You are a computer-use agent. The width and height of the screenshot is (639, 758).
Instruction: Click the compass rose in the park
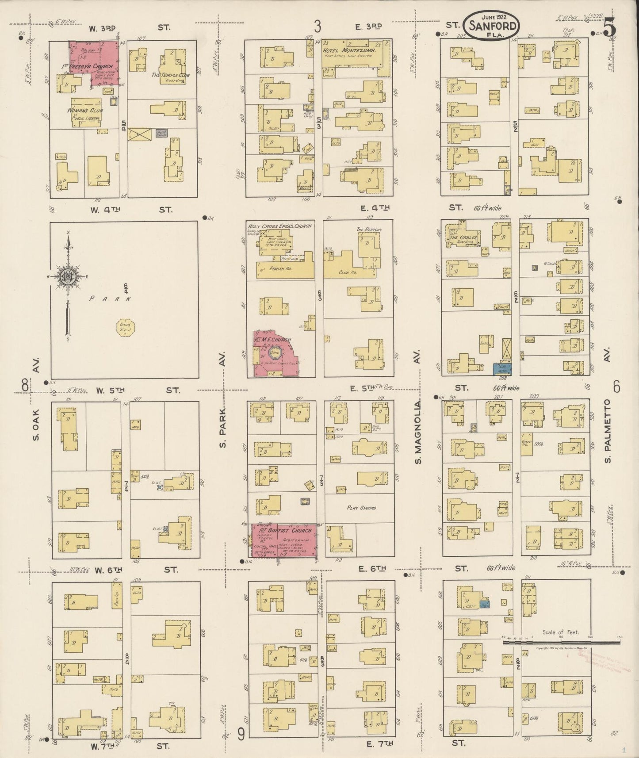[69, 277]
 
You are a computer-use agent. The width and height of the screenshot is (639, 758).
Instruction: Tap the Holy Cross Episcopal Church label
[279, 226]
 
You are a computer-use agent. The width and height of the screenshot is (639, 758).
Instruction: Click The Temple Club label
[170, 75]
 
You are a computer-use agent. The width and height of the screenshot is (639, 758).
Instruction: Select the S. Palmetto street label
[608, 431]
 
